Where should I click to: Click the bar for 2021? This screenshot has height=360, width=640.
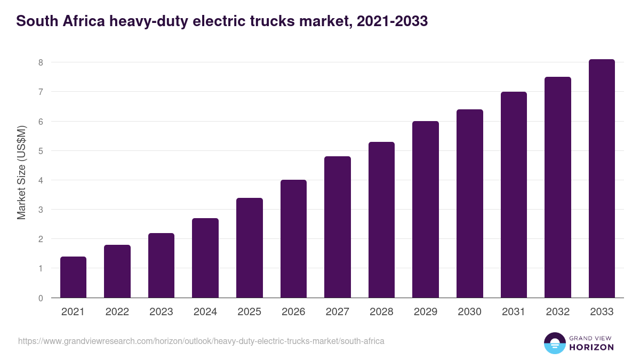coord(73,277)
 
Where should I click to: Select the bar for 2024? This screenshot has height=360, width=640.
coord(205,258)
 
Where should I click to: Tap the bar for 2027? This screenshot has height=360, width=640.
coord(338,227)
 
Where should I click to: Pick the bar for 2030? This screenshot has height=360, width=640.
coord(470,204)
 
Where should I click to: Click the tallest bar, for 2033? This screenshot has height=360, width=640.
coord(602,179)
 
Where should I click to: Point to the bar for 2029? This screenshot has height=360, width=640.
coord(426,210)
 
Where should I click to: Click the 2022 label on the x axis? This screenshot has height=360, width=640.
coord(117,312)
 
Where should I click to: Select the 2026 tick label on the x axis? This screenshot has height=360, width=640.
coord(293,312)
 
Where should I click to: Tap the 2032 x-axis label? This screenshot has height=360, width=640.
coord(558,312)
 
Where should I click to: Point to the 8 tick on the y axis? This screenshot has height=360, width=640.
coord(40,62)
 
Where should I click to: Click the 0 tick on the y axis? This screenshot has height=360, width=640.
coord(40,298)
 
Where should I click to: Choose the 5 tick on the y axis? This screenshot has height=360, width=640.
coord(40,151)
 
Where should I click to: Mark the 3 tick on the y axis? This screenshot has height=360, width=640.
coord(40,210)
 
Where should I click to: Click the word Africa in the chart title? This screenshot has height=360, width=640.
coord(81,22)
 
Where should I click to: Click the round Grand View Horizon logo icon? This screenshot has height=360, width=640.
coord(555,343)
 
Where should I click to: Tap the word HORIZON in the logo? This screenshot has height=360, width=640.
coord(592,347)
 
